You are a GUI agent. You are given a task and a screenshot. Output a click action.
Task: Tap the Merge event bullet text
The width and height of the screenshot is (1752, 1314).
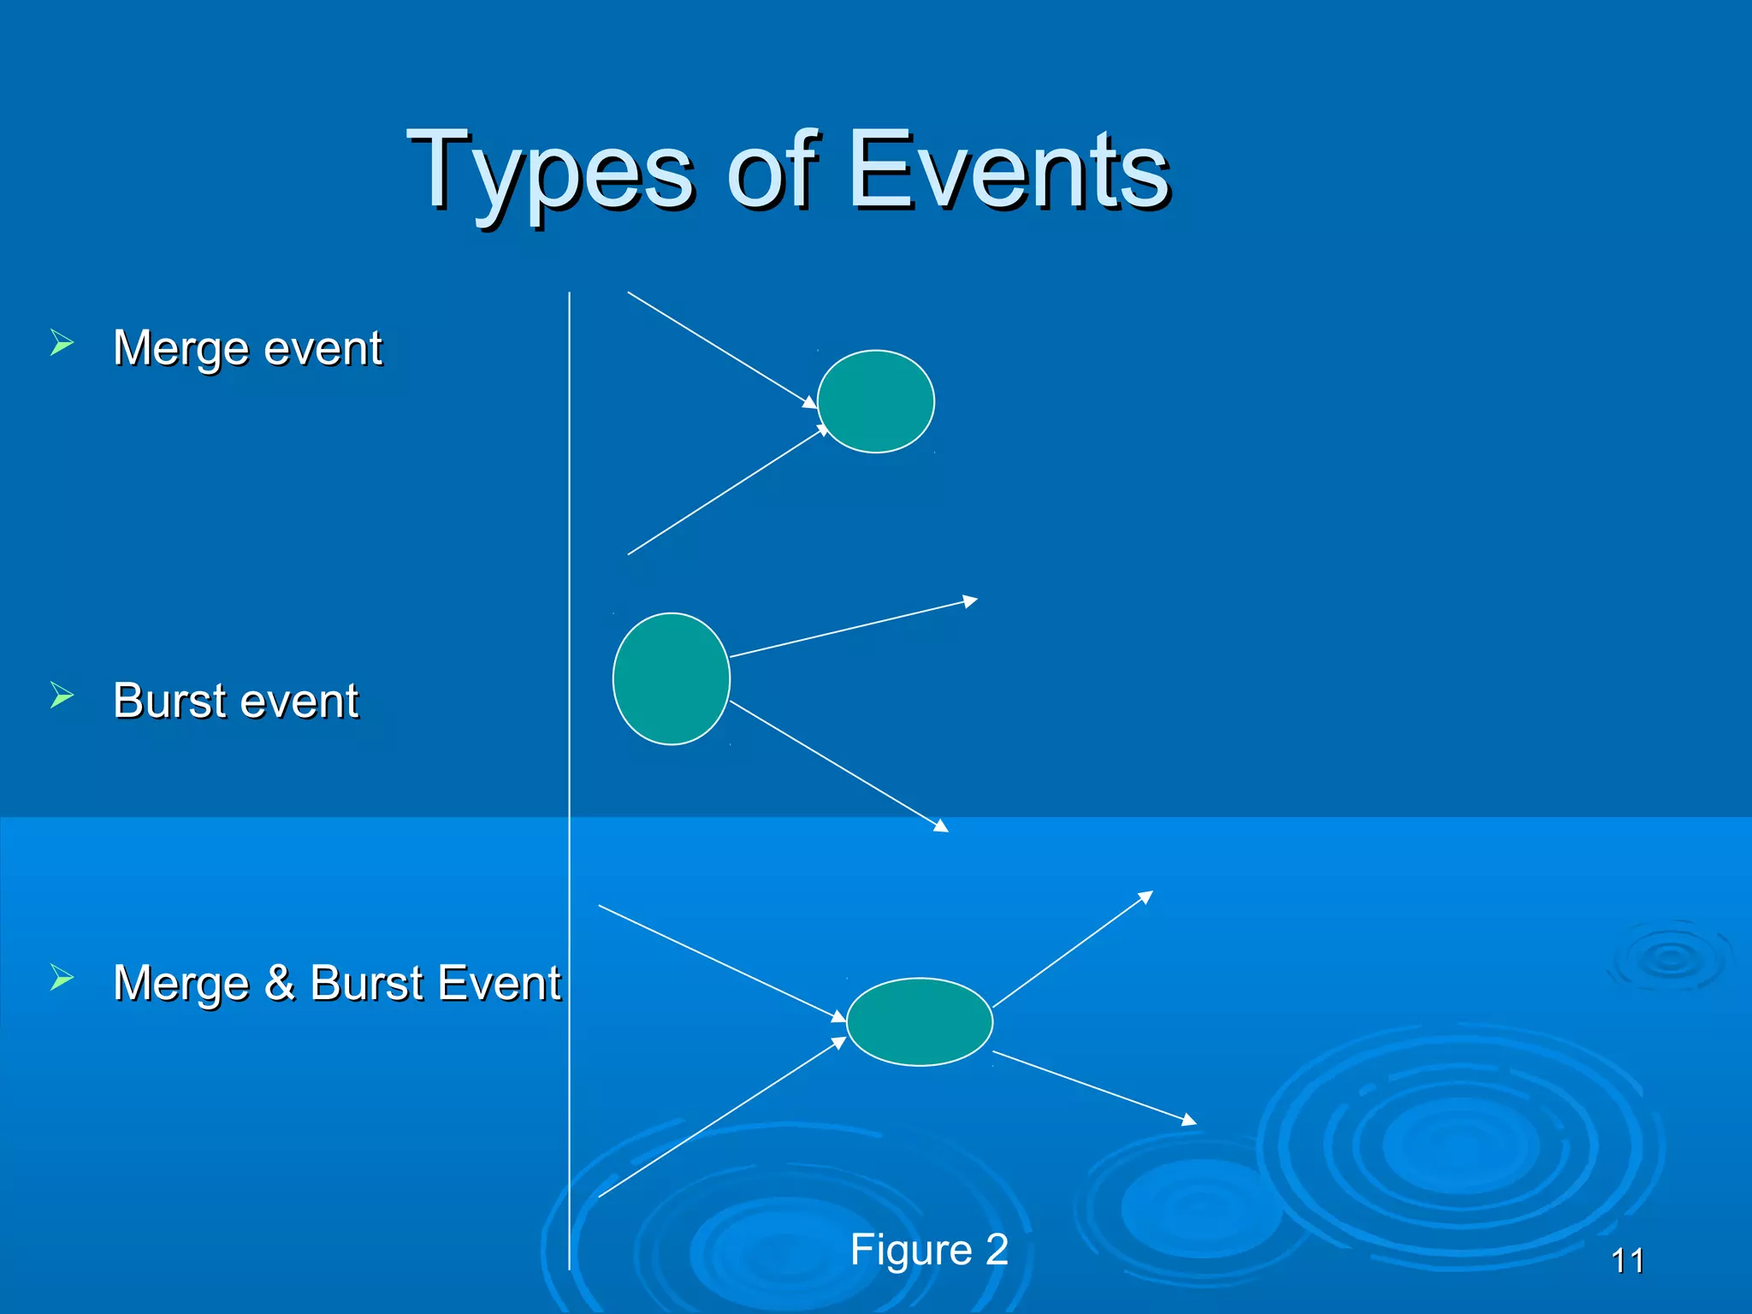[247, 348]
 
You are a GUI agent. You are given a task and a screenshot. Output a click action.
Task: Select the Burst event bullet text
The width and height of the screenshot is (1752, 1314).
[236, 701]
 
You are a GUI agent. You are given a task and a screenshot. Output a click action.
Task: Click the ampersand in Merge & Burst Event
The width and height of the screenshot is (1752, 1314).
[280, 982]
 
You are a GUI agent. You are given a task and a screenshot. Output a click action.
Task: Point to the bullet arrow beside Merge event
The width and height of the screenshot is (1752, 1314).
[62, 343]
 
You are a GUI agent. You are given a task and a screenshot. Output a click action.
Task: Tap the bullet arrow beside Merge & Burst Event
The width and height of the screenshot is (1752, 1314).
[62, 976]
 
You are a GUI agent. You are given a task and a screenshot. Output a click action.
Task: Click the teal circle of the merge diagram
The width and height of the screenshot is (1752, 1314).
[876, 401]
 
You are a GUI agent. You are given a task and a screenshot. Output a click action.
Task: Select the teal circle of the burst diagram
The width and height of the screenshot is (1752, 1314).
[672, 678]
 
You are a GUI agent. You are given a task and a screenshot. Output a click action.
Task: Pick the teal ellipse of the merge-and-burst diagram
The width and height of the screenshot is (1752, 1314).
[920, 1021]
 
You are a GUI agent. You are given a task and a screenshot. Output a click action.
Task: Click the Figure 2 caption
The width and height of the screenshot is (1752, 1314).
[929, 1250]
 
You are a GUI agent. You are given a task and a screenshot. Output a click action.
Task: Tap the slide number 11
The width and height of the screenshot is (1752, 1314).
[1627, 1261]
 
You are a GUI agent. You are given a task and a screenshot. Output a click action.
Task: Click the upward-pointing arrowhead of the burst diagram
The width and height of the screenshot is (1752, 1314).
[970, 601]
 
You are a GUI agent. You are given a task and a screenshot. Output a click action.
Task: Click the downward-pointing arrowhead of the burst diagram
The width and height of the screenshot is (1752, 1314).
[942, 826]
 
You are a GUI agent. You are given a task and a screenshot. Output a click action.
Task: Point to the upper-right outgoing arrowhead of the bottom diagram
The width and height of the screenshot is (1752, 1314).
[1146, 896]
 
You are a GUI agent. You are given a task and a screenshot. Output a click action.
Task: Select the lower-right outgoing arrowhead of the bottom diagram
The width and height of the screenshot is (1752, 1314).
[1189, 1120]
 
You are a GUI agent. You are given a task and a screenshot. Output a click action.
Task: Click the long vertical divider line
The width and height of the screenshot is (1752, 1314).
[569, 770]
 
